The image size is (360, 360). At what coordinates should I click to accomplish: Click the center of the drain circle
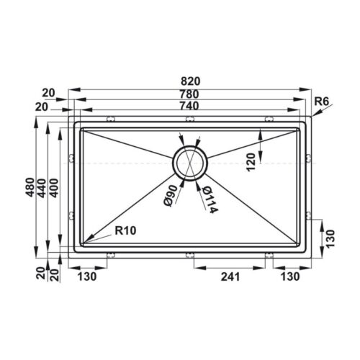point(189,162)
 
